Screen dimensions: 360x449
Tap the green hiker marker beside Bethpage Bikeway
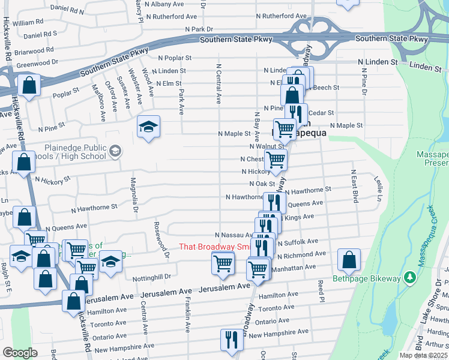409,277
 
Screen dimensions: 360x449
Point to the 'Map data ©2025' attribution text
423,355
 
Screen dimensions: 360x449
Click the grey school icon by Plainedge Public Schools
115,152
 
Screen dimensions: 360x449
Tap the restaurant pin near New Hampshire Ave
230,340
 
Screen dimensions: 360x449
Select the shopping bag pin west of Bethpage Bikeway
349,260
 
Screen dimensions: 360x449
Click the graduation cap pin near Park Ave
148,127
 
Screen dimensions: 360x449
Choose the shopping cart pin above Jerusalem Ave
223,263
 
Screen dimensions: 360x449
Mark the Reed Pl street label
322,290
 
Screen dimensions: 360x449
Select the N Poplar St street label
174,58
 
